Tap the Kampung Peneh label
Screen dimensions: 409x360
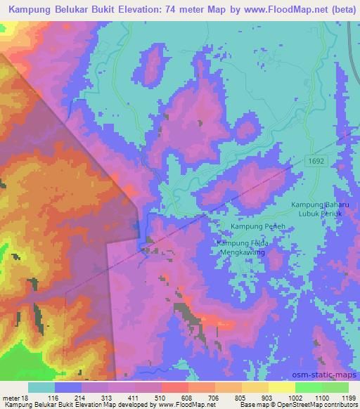[252, 226]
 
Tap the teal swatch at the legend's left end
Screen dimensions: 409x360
[41, 387]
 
